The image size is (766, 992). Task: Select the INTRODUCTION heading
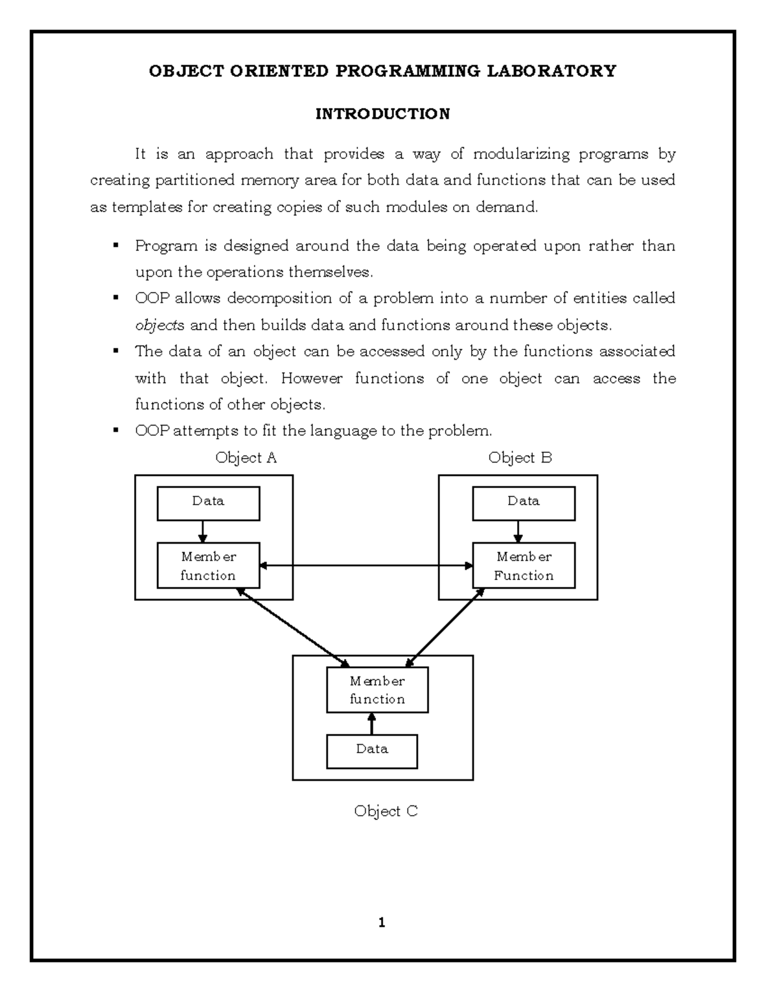pos(382,114)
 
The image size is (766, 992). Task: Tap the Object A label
pos(246,457)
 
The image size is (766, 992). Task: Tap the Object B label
pos(520,457)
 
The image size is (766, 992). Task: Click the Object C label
pos(386,811)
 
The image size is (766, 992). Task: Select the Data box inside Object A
pos(208,503)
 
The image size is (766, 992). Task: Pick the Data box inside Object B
pos(523,503)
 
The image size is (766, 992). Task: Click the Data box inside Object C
pos(372,751)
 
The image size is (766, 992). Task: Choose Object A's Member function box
pos(208,565)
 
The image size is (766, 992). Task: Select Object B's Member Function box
pos(523,565)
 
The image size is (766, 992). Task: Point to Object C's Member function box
pos(377,690)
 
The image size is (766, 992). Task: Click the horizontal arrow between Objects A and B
pos(366,565)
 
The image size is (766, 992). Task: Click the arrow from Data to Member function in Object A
pos(202,531)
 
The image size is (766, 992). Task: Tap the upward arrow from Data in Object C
pos(372,724)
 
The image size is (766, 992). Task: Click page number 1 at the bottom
pos(382,922)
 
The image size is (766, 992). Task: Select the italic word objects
pos(160,325)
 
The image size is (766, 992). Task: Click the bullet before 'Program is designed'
pos(116,245)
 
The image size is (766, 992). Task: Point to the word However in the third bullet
pos(312,378)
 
